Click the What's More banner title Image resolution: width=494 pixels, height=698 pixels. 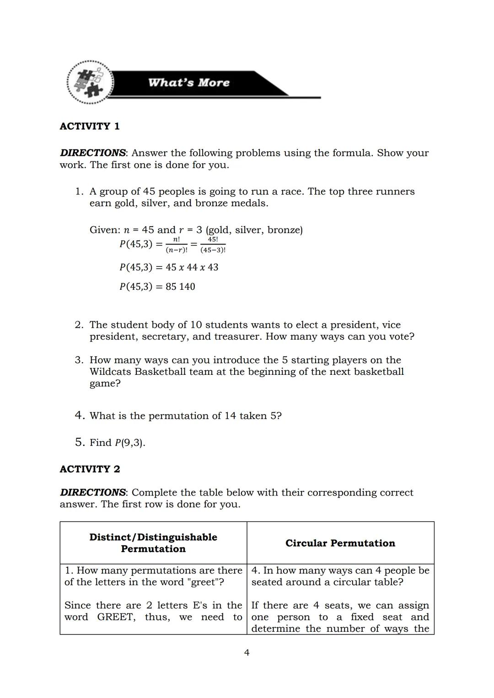[188, 83]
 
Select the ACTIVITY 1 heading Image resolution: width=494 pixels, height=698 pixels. [90, 126]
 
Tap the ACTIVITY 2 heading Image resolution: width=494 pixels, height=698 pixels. [90, 469]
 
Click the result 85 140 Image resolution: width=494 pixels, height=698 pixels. [180, 287]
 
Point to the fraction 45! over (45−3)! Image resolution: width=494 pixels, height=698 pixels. [213, 245]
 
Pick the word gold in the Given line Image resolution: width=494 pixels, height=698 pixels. [218, 229]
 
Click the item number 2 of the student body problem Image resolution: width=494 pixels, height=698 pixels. [79, 325]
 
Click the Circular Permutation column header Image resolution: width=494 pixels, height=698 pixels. [340, 543]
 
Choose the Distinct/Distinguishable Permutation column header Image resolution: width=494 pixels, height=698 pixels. [153, 543]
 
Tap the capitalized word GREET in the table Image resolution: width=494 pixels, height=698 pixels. [116, 617]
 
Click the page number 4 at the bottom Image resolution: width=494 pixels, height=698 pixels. [247, 653]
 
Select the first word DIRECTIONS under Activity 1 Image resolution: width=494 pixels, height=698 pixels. [93, 153]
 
